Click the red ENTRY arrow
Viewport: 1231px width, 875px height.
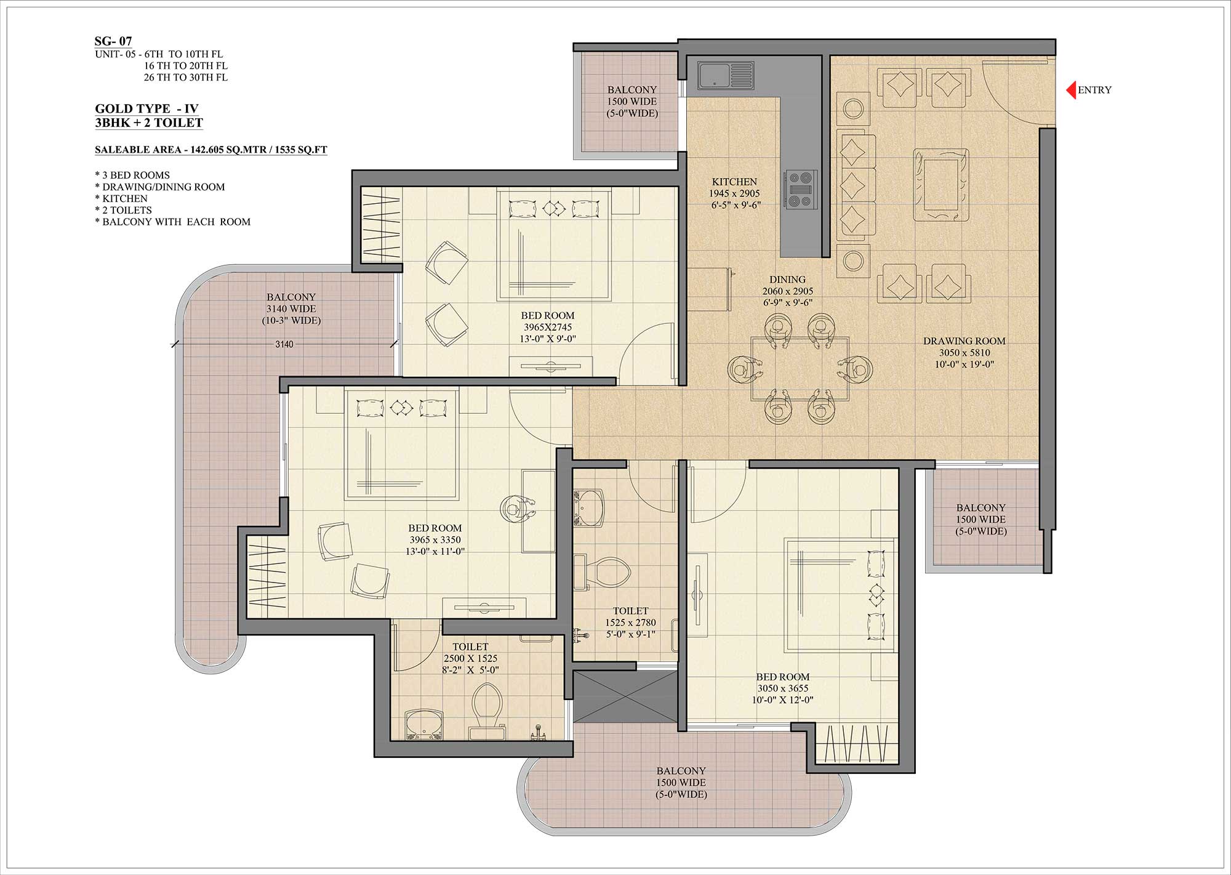click(1071, 90)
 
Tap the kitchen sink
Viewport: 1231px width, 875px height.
click(725, 75)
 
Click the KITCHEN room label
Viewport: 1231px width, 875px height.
click(734, 182)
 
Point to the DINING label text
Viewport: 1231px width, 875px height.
click(787, 280)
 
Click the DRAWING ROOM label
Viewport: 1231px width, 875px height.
click(964, 341)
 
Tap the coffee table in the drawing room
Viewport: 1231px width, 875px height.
click(940, 185)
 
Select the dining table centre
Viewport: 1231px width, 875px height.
click(800, 369)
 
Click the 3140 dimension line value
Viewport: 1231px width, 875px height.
click(284, 344)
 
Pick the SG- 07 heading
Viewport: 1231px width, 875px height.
click(113, 41)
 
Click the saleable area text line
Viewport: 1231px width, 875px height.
click(211, 150)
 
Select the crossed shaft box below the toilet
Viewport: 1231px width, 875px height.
click(625, 696)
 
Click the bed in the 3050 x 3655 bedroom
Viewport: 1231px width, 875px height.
click(837, 595)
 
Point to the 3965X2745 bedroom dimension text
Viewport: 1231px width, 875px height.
click(548, 328)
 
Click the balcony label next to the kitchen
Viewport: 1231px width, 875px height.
click(632, 102)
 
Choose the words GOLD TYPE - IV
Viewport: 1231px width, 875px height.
click(146, 109)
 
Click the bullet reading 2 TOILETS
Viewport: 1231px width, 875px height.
click(124, 211)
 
